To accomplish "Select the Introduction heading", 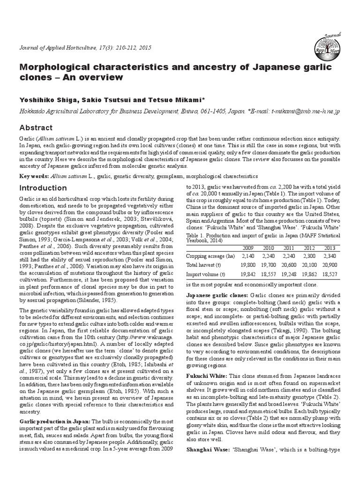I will point(43,188).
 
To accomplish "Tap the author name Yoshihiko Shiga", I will point(46,100).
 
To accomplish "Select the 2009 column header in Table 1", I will point(248,247).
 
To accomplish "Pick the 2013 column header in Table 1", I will point(330,247).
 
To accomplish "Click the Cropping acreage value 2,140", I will point(248,256).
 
